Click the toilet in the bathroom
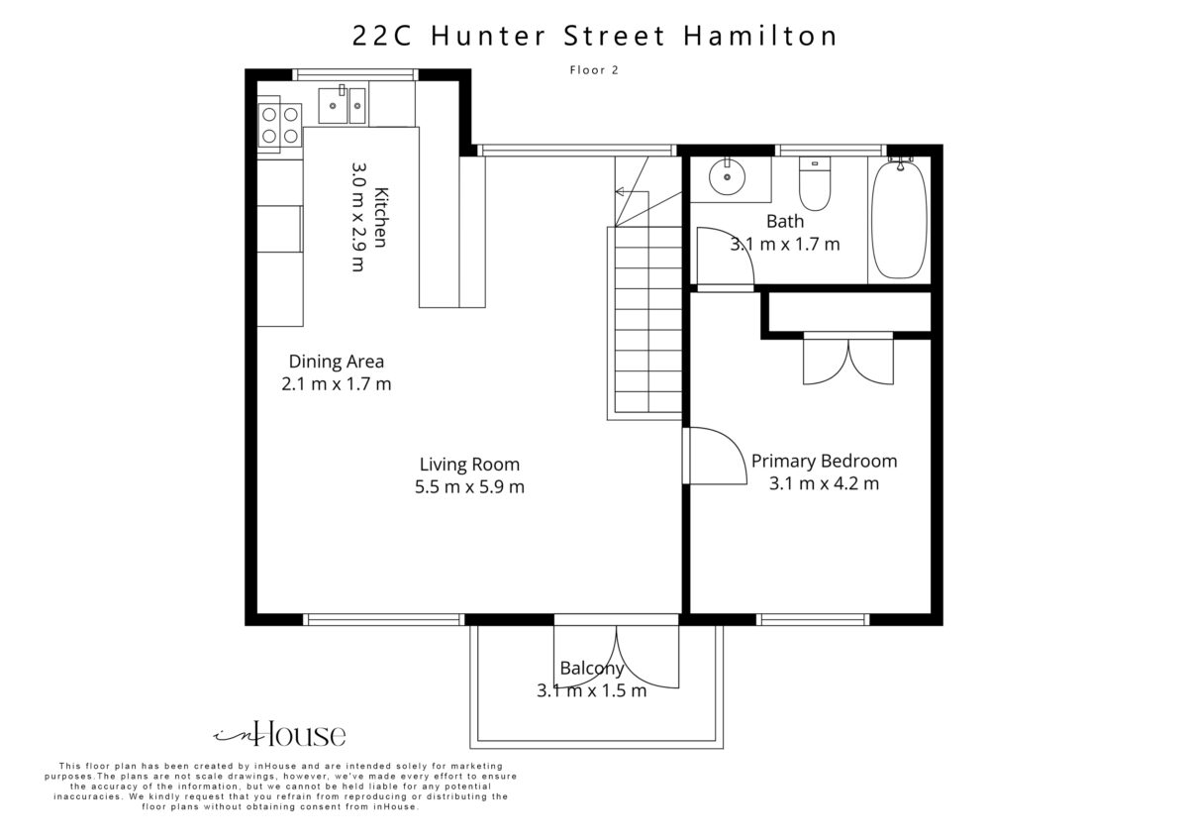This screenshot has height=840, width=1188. tap(815, 183)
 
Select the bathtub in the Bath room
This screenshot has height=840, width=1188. tap(900, 219)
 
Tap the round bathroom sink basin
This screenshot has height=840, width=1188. tap(727, 176)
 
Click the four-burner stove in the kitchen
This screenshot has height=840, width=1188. tap(280, 125)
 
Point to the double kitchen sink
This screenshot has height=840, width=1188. tap(343, 106)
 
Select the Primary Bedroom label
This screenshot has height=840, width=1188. tap(824, 462)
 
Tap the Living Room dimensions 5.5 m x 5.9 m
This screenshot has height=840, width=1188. tap(469, 486)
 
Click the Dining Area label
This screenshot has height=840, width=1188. tap(337, 362)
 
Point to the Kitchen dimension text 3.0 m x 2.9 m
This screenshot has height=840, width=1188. tap(358, 217)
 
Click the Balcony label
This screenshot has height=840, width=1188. tap(592, 668)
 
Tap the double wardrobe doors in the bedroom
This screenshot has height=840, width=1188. tap(848, 361)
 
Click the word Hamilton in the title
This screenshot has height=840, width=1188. tap(760, 36)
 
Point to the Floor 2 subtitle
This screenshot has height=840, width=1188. tap(594, 70)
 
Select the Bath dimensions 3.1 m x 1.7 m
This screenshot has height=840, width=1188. tap(785, 244)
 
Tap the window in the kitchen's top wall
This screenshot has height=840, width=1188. tap(354, 75)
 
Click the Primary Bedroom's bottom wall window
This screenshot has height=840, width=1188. tap(813, 619)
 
